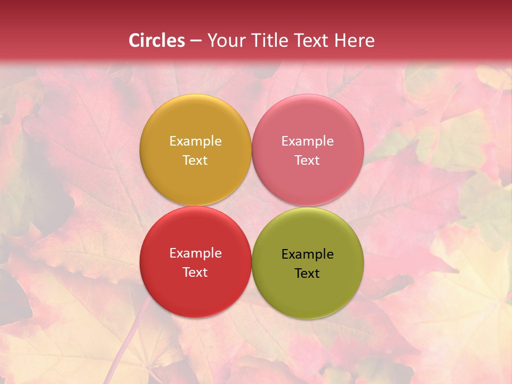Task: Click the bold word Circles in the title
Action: pyautogui.click(x=157, y=41)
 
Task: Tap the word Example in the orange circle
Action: pyautogui.click(x=195, y=141)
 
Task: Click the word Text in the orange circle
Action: pyautogui.click(x=195, y=161)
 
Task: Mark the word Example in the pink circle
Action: pyautogui.click(x=307, y=141)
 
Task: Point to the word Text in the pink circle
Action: pyautogui.click(x=307, y=161)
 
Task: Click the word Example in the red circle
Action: pyautogui.click(x=195, y=253)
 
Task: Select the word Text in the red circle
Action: pyautogui.click(x=195, y=273)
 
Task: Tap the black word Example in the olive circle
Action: pyautogui.click(x=307, y=254)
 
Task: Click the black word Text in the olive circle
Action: pyautogui.click(x=307, y=274)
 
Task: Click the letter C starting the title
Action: pyautogui.click(x=134, y=41)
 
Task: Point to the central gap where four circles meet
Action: pyautogui.click(x=251, y=206)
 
